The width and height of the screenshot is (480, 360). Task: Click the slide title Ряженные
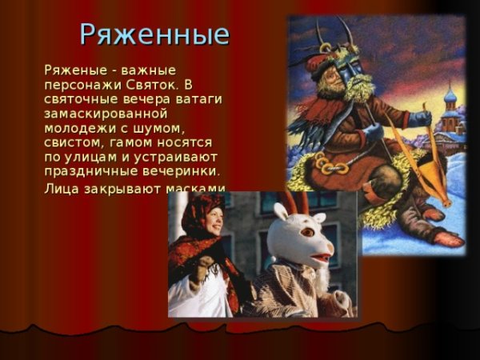point(154,34)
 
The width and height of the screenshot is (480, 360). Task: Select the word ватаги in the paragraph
point(196,100)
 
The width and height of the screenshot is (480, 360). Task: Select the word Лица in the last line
point(62,190)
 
